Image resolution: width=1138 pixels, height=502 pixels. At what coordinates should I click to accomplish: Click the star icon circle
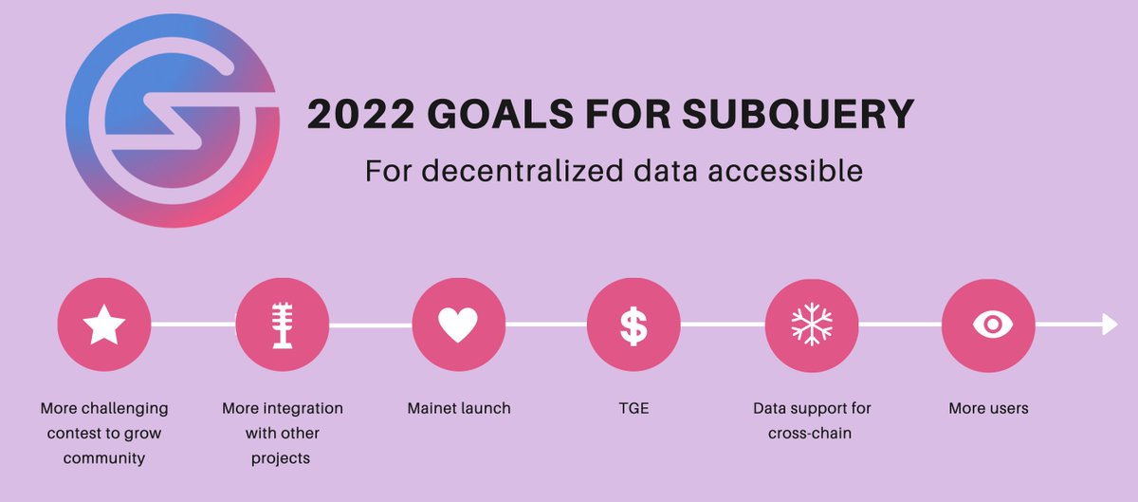(104, 325)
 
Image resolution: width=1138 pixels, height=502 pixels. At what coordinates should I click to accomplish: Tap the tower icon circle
(282, 325)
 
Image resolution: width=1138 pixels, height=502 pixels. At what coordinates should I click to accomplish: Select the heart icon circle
(459, 325)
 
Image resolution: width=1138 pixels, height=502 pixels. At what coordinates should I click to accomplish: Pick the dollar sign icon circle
(633, 325)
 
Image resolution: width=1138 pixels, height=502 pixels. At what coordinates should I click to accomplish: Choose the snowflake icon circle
(812, 325)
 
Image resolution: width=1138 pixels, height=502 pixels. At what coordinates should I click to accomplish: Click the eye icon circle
(989, 325)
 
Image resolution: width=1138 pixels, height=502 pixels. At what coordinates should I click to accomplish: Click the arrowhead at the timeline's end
(1110, 325)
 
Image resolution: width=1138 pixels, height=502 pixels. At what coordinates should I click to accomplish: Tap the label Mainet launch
(459, 408)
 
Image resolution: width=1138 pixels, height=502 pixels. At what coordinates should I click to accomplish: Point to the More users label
(988, 408)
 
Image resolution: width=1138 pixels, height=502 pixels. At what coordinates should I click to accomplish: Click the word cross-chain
(812, 434)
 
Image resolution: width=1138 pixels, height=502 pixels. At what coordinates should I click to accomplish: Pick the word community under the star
(104, 458)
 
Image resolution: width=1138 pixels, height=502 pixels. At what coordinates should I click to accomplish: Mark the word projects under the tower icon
(282, 458)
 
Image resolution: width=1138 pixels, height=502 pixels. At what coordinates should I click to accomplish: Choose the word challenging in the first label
(124, 408)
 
